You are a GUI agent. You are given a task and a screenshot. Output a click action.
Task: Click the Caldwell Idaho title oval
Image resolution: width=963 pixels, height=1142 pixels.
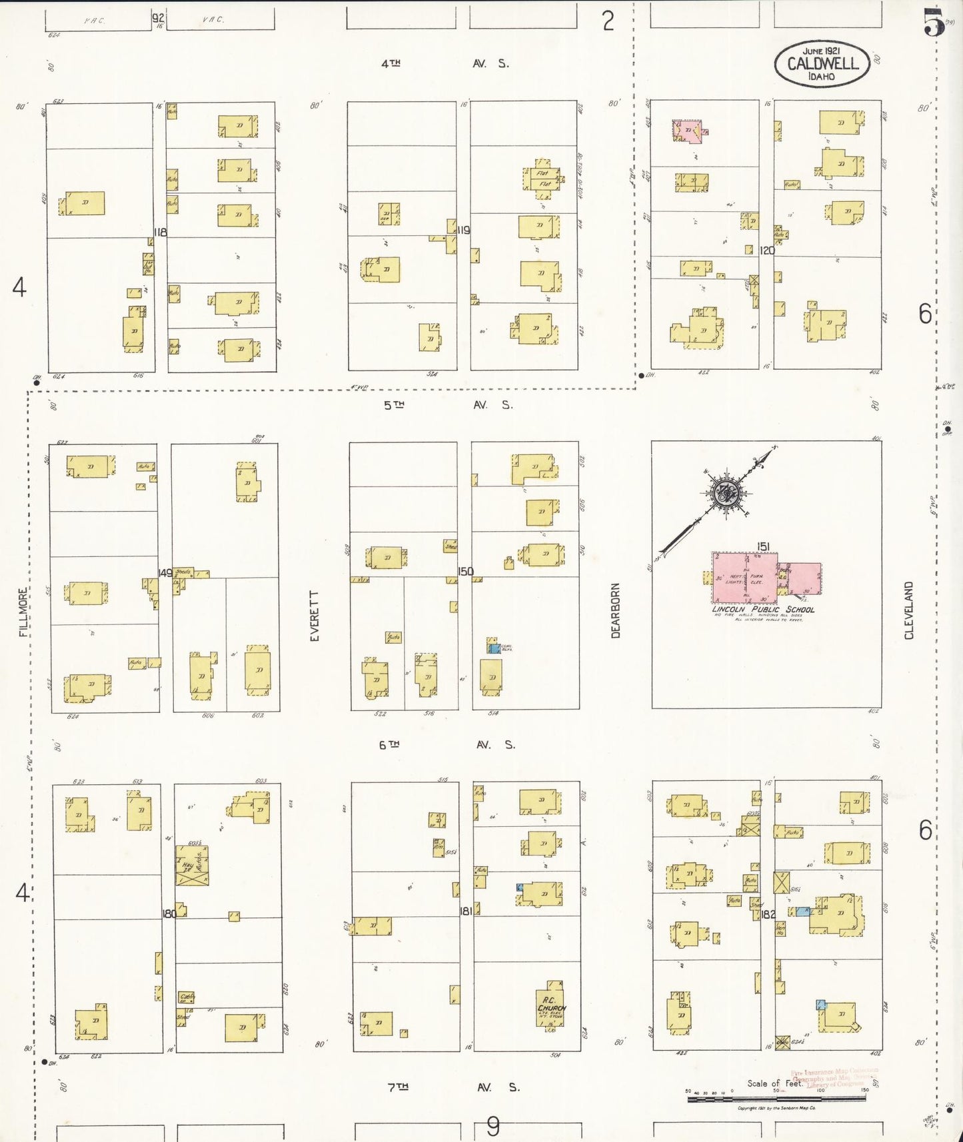click(822, 64)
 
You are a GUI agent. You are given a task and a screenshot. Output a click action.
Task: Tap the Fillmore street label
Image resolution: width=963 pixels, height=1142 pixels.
click(23, 612)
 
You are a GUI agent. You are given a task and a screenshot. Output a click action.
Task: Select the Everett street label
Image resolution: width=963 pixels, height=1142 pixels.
click(315, 616)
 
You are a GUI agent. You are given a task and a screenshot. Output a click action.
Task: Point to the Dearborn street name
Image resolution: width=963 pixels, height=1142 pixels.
click(615, 610)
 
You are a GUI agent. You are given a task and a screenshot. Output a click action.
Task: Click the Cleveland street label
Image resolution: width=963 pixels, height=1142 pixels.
click(909, 610)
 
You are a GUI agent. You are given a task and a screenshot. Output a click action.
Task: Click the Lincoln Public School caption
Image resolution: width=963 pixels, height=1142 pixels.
click(763, 609)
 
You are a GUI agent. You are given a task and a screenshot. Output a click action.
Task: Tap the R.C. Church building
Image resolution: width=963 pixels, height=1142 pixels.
click(550, 1005)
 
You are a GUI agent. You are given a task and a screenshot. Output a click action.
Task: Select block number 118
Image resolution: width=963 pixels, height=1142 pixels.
click(160, 232)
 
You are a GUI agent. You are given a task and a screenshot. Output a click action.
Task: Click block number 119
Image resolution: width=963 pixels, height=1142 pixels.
click(464, 230)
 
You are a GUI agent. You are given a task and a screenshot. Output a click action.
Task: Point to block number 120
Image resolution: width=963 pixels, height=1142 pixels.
click(767, 250)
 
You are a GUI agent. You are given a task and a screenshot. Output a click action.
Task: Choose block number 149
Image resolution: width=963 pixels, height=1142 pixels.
click(165, 573)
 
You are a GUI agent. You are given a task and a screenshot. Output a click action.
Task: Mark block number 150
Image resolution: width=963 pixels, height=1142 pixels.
click(465, 571)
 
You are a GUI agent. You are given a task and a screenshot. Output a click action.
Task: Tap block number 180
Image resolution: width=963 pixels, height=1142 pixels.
click(169, 913)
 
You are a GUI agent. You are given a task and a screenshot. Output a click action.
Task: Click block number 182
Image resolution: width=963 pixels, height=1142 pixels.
click(768, 914)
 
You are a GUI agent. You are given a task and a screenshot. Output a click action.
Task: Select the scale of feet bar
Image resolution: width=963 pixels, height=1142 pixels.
click(776, 1097)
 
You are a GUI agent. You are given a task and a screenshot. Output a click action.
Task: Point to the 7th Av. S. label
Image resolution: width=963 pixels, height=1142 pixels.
click(453, 1087)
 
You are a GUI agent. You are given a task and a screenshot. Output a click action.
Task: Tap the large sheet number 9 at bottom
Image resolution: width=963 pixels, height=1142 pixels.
click(492, 1127)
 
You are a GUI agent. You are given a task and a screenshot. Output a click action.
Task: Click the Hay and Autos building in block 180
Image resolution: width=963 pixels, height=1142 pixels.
click(192, 865)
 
